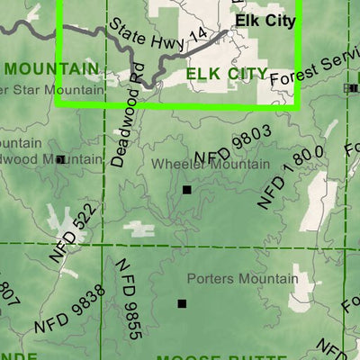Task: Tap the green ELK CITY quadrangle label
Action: tap(226, 73)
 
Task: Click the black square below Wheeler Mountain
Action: tap(187, 190)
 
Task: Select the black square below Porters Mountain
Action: tap(182, 304)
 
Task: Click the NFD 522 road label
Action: tap(72, 234)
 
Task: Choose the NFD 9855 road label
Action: tap(128, 298)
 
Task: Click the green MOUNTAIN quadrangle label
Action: tap(50, 68)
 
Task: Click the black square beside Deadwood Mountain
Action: tap(60, 159)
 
